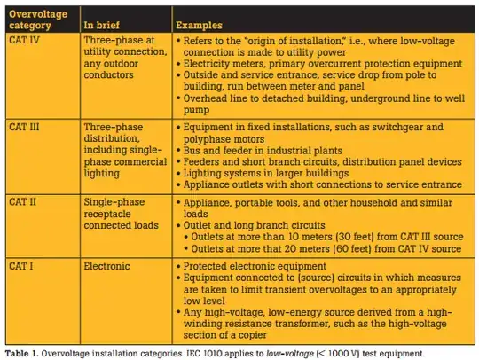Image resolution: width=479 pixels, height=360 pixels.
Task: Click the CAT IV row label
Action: (27, 41)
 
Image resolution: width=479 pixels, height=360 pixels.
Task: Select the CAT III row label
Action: (28, 127)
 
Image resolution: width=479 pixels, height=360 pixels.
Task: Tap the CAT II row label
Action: (27, 202)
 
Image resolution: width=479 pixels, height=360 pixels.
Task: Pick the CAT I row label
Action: (24, 265)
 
